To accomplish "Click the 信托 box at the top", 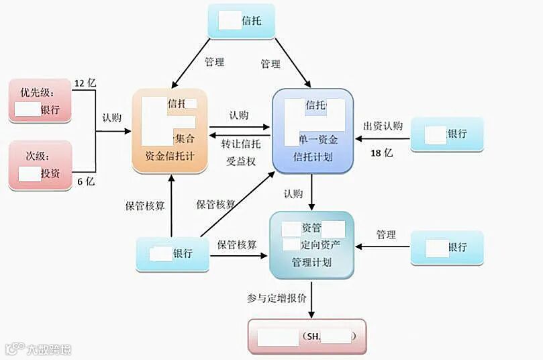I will (x=241, y=21).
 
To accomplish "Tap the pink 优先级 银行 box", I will (x=40, y=101).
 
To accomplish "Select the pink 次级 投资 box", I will (x=40, y=165).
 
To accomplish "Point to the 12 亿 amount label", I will (x=85, y=83).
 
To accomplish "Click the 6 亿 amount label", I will (x=85, y=181).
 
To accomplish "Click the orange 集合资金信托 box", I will (x=171, y=133).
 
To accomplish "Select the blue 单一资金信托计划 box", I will (x=312, y=132).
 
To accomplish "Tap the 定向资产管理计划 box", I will (x=311, y=244).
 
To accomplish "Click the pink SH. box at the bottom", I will (x=307, y=336).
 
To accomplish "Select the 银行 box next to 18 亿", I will (x=446, y=133).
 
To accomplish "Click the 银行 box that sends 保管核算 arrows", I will (x=172, y=254).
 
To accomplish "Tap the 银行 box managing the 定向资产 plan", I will (x=446, y=246).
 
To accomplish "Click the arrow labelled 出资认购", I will (x=382, y=139).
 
